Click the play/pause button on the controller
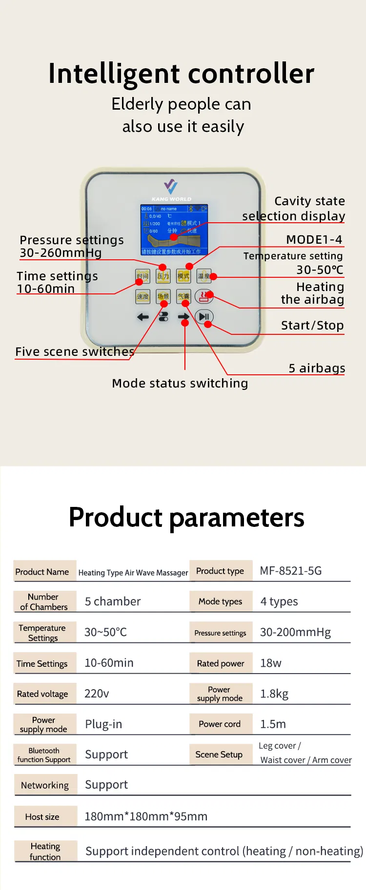[204, 317]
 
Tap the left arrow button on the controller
[142, 317]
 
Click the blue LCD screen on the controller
[174, 230]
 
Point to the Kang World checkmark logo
[171, 186]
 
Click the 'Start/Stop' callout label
[312, 326]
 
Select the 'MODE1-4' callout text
[314, 240]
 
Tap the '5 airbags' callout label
[317, 368]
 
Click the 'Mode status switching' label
[180, 384]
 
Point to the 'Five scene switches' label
[75, 352]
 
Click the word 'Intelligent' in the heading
[114, 74]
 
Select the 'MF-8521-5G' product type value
[290, 571]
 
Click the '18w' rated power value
[271, 663]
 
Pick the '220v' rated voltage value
[97, 694]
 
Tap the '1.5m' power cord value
[273, 724]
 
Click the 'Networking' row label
[45, 785]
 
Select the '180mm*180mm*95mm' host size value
[146, 816]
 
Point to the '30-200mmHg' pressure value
[295, 632]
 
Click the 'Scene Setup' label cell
[219, 755]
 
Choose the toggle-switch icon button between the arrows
[163, 317]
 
